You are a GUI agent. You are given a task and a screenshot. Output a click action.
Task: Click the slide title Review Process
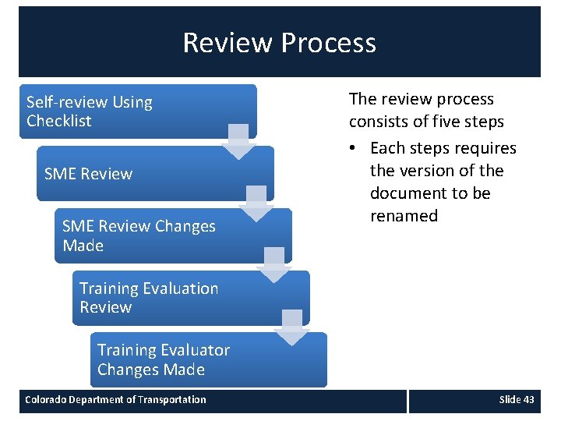[x=279, y=42]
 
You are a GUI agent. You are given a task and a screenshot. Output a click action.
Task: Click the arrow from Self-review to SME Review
[x=238, y=141]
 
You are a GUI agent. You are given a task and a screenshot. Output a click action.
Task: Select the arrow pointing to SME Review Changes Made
[x=256, y=203]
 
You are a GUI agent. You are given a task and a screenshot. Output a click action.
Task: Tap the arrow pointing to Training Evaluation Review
[x=274, y=266]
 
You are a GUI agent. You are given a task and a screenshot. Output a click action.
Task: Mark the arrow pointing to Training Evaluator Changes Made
[x=292, y=327]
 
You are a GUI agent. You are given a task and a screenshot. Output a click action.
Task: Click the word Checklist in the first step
[x=58, y=121]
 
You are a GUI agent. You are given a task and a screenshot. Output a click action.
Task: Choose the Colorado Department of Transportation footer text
[x=115, y=400]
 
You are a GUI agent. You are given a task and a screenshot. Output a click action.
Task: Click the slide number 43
[x=528, y=400]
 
